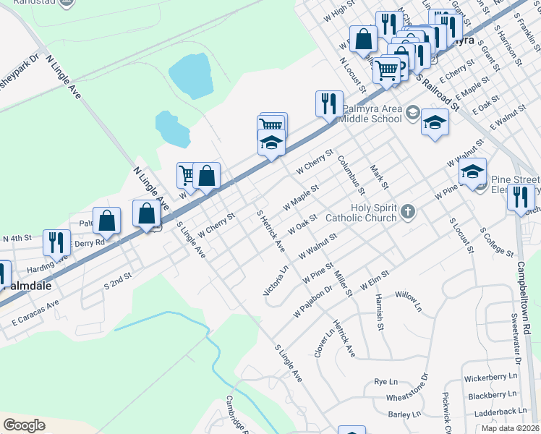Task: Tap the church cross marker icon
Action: click(408, 212)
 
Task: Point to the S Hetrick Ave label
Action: click(271, 231)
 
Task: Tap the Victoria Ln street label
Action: click(276, 281)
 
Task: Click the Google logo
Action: click(24, 425)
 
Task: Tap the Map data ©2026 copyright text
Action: click(511, 428)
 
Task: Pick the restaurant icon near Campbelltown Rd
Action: click(521, 197)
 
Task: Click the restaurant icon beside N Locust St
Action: click(329, 104)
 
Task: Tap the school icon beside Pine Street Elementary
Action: click(472, 172)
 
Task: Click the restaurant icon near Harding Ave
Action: click(56, 242)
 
